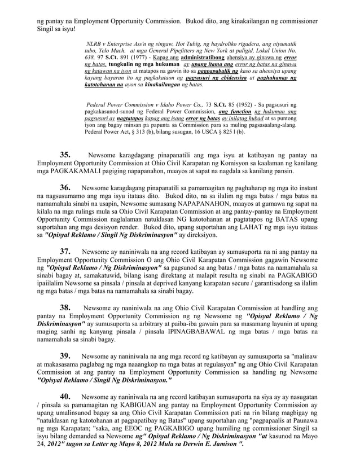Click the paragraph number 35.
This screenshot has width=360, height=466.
click(65, 154)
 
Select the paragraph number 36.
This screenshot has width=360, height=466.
click(65, 187)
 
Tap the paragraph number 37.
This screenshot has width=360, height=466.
click(65, 251)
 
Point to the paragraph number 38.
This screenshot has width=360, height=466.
click(65, 307)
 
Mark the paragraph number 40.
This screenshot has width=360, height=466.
click(65, 397)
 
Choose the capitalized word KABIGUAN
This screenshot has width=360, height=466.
click(146, 405)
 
